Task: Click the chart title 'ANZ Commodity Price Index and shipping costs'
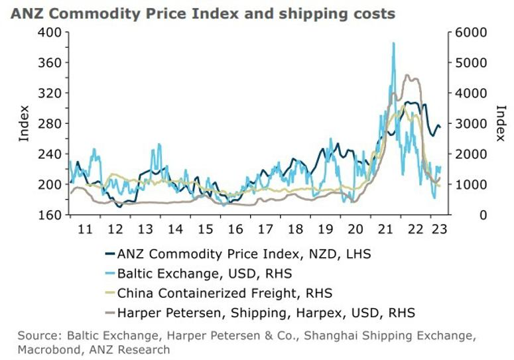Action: [203, 13]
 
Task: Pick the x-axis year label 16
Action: [235, 229]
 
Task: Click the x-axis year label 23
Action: [438, 229]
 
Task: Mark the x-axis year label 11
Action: [84, 229]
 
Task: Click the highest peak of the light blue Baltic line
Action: [393, 43]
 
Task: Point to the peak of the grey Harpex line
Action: [408, 76]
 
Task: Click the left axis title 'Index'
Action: [24, 123]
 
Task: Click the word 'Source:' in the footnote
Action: [37, 335]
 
